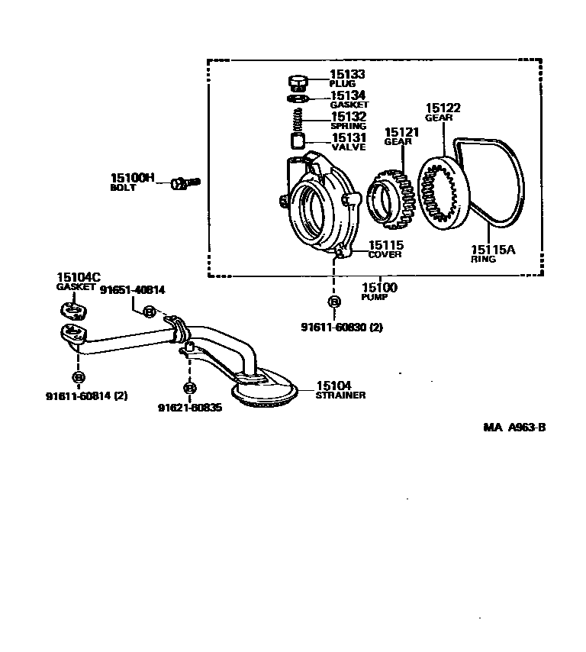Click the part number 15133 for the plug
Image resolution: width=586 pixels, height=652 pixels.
tap(347, 75)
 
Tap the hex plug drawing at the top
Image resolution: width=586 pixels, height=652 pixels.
tap(298, 81)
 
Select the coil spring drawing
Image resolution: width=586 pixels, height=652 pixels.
tap(299, 118)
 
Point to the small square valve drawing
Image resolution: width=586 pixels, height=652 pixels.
tap(298, 140)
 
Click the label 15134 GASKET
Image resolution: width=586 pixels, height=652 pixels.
tap(348, 99)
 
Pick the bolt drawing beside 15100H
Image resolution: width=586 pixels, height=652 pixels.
tap(184, 182)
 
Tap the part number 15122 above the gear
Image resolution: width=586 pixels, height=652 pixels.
tap(443, 108)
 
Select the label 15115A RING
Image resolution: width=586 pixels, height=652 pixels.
tap(493, 253)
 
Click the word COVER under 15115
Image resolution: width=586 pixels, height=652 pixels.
tap(385, 255)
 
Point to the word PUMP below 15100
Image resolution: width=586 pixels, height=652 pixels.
tap(375, 296)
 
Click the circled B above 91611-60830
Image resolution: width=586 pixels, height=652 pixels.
tap(333, 302)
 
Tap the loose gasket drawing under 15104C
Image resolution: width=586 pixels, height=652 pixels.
tap(73, 311)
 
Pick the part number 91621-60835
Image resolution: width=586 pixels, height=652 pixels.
tap(190, 408)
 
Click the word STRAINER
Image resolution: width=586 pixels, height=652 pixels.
tap(341, 395)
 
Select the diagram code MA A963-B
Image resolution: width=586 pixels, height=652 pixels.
tap(514, 428)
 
